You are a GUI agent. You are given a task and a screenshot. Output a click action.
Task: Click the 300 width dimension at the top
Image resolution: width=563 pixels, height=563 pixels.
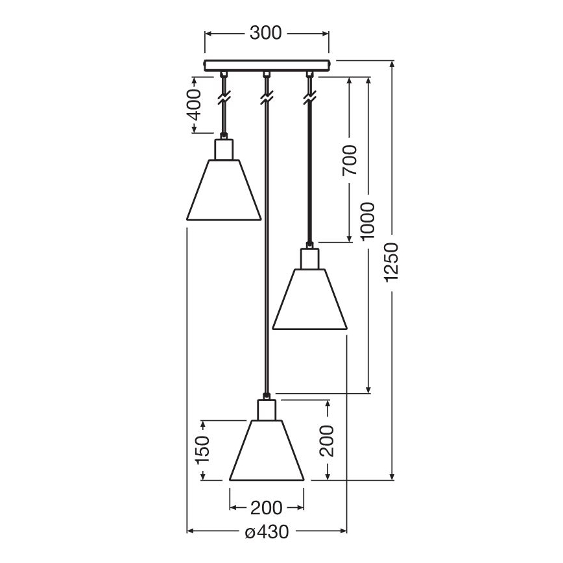[x=266, y=33]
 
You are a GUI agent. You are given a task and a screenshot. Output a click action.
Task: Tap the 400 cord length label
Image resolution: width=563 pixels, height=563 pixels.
[x=193, y=106]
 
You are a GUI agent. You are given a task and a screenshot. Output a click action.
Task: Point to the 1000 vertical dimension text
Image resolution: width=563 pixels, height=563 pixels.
[x=368, y=221]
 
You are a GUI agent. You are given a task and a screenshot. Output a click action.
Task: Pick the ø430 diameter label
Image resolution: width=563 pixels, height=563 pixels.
[x=267, y=533]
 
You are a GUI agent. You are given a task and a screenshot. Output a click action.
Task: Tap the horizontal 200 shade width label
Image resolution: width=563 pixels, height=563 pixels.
[x=266, y=507]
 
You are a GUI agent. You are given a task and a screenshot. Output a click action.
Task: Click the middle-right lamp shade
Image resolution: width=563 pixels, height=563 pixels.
[x=310, y=299]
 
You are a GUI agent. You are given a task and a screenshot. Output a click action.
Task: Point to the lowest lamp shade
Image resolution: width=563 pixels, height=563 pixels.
[x=267, y=450]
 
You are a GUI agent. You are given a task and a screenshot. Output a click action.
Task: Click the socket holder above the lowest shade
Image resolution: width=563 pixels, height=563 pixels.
[x=267, y=410]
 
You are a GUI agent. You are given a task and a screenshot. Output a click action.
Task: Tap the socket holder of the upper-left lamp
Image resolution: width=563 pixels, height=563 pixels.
[x=224, y=149]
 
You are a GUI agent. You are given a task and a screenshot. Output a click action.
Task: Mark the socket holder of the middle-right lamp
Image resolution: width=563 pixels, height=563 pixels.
[x=310, y=258]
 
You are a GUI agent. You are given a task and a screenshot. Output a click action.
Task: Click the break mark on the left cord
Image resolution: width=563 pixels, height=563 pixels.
[x=224, y=99]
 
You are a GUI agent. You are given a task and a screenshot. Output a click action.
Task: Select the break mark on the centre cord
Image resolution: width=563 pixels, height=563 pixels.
[x=266, y=99]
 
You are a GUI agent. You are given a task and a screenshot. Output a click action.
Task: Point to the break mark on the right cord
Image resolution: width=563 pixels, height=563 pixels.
[x=309, y=99]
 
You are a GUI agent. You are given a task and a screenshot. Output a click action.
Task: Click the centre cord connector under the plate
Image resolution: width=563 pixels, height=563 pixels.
[x=266, y=75]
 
